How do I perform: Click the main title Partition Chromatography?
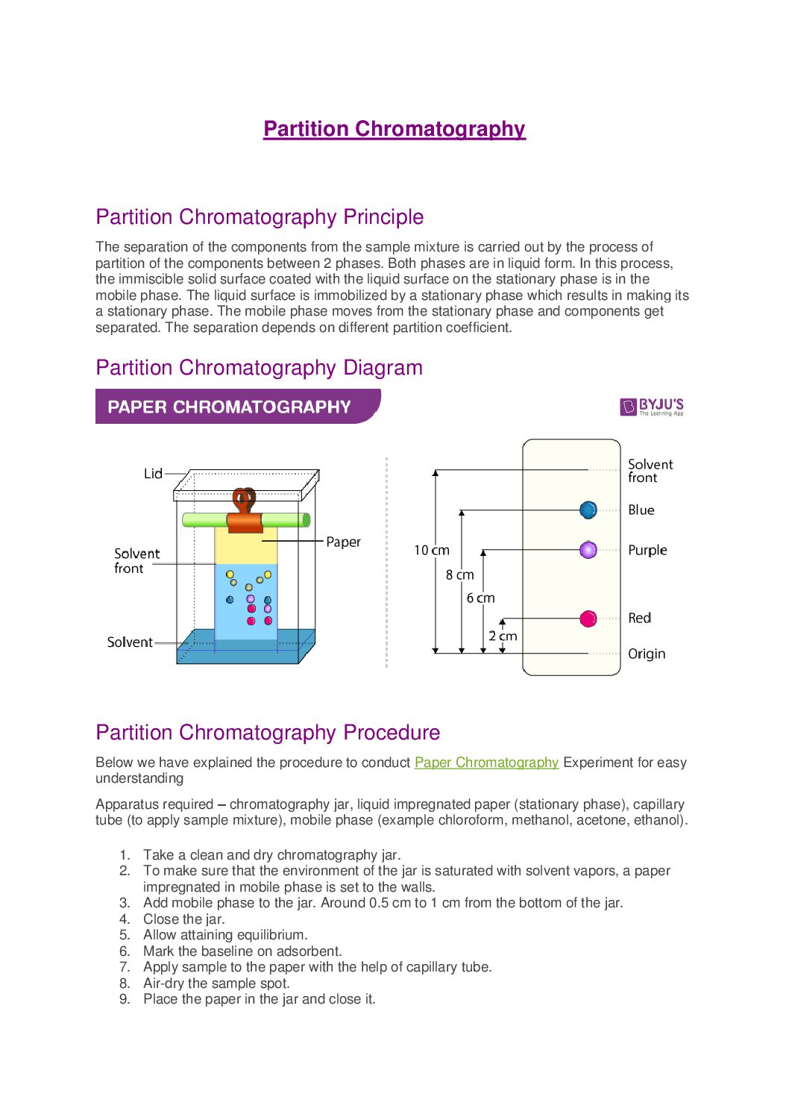point(394,129)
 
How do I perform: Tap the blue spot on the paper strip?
point(588,510)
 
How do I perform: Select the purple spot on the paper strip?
point(588,551)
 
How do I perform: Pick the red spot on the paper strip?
point(588,619)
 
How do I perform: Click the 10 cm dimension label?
point(432,551)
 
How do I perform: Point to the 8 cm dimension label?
point(459,575)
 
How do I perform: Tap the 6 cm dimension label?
point(480,598)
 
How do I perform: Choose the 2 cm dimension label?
point(503,636)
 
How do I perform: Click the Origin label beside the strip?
point(646,654)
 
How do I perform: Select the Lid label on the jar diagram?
point(153,474)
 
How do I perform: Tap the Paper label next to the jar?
point(343,542)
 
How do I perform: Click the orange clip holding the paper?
point(245,520)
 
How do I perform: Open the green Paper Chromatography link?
point(486,763)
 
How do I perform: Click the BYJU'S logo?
point(652,407)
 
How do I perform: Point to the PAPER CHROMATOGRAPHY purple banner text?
point(229,407)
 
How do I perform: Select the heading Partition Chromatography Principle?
point(260,217)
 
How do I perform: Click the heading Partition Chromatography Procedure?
point(268,733)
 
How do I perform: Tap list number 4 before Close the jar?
point(125,919)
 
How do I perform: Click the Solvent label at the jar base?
point(130,642)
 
